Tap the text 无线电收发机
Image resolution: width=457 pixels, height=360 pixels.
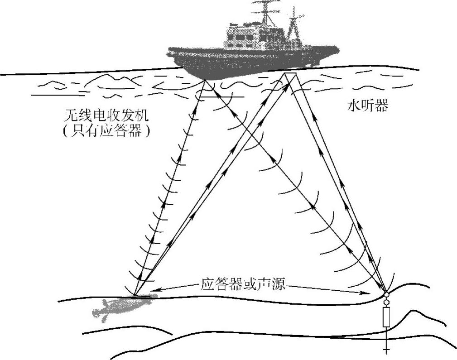[106, 115]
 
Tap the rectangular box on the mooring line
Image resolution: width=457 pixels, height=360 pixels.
[387, 317]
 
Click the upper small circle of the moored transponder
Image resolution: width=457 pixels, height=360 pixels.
[386, 295]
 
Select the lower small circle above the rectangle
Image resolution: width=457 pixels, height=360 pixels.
[386, 302]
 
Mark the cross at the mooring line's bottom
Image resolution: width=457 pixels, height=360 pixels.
[386, 350]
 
